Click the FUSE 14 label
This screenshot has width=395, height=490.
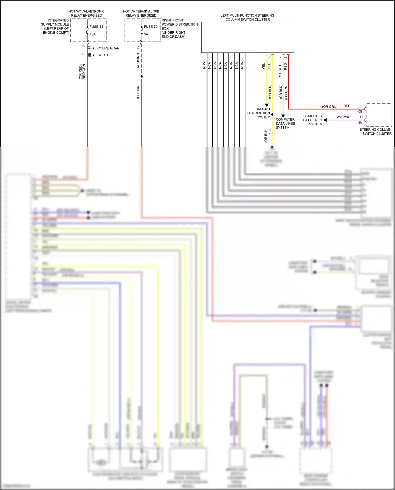pos(96,27)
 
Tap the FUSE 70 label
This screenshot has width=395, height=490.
pos(151,27)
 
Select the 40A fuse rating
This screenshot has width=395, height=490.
pos(92,34)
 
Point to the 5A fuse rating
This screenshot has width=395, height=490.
pos(146,34)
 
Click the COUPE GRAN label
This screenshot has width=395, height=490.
pos(108,48)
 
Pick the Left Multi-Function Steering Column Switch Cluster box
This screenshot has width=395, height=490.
pos(248,37)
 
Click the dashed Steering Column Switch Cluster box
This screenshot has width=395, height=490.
pos(379,115)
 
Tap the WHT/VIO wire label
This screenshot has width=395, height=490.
pos(343,117)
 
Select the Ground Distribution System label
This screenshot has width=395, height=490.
pos(259,113)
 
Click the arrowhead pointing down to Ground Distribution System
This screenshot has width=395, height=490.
pos(267,105)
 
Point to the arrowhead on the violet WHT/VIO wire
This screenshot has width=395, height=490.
pos(325,120)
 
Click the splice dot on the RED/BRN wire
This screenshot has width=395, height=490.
pos(142,77)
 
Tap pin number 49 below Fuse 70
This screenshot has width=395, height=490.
pos(138,47)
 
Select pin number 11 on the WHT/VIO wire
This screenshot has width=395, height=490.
pos(361,117)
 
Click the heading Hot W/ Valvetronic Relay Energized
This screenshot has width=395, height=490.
pos(86,13)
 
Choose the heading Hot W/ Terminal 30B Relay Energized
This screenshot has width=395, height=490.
pos(141,13)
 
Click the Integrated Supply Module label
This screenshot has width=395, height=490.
pos(55,26)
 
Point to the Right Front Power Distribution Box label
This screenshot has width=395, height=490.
pos(179,28)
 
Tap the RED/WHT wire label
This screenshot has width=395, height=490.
pos(280,71)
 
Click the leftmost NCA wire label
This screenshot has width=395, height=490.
pos(204,66)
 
